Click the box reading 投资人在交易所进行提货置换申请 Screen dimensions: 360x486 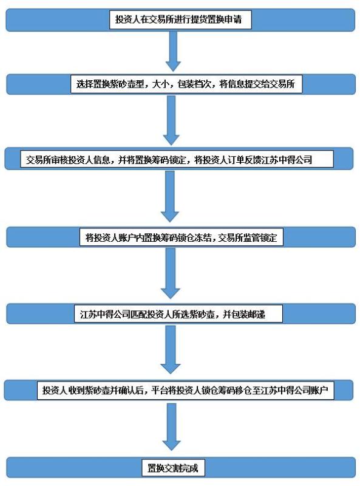pyautogui.click(x=180, y=20)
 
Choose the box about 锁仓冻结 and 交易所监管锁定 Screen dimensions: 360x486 pyautogui.click(x=181, y=237)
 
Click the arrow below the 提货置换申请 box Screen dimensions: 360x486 pyautogui.click(x=173, y=52)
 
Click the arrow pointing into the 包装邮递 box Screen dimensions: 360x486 pyautogui.click(x=171, y=273)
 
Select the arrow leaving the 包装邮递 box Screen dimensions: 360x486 pyautogui.click(x=171, y=349)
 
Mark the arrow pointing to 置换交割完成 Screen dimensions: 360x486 pyautogui.click(x=171, y=426)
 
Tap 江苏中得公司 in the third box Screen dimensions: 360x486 pyautogui.click(x=287, y=160)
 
